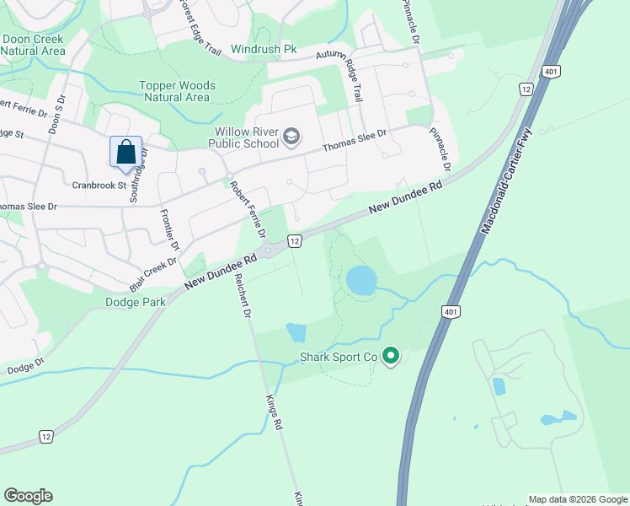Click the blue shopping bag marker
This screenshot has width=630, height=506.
click(125, 153)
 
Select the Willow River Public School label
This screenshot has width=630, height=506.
click(246, 138)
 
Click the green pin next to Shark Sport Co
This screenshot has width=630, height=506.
click(390, 357)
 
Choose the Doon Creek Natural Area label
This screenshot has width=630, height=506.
click(33, 45)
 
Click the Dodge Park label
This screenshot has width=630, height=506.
click(136, 301)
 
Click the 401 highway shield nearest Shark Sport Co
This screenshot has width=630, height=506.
click(448, 312)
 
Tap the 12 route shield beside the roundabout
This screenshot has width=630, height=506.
click(294, 241)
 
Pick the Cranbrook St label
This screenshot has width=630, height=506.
click(99, 185)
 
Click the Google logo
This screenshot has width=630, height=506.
click(28, 496)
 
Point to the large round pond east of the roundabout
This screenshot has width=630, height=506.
click(361, 280)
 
